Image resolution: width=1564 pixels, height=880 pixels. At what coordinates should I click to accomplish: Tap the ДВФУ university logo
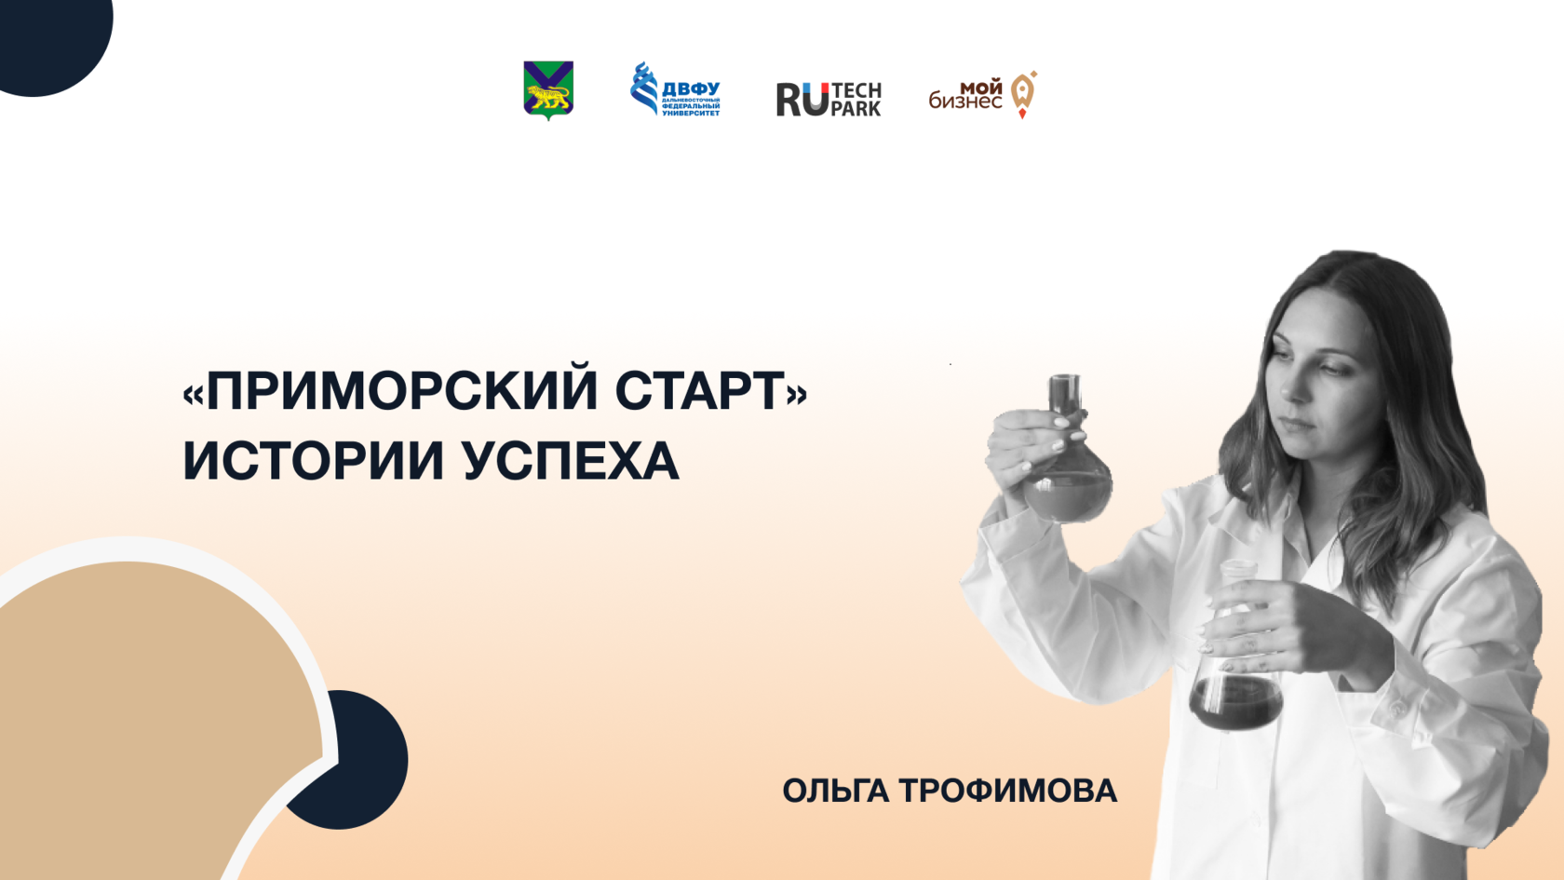point(675,88)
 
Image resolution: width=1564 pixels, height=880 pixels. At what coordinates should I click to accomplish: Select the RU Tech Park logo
point(829,99)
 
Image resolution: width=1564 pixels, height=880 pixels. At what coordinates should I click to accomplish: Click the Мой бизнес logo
point(982,95)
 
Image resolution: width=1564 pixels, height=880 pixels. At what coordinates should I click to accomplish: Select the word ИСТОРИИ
point(314,460)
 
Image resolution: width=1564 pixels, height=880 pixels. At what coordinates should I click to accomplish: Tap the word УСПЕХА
point(571,460)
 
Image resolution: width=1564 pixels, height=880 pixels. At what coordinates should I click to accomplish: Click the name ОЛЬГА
point(836,792)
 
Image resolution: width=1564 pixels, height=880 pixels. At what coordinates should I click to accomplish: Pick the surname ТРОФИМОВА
point(1008,791)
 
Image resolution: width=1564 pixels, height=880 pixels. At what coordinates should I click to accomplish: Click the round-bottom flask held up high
point(1067,451)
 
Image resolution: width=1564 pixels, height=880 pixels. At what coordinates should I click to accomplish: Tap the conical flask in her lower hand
point(1236,646)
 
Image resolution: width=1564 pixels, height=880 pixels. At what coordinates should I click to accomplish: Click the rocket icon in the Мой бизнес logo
point(1024,94)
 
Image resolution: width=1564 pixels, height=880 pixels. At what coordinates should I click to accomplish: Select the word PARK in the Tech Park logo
point(856,109)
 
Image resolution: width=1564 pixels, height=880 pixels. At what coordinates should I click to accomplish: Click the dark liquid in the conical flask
point(1236,702)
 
